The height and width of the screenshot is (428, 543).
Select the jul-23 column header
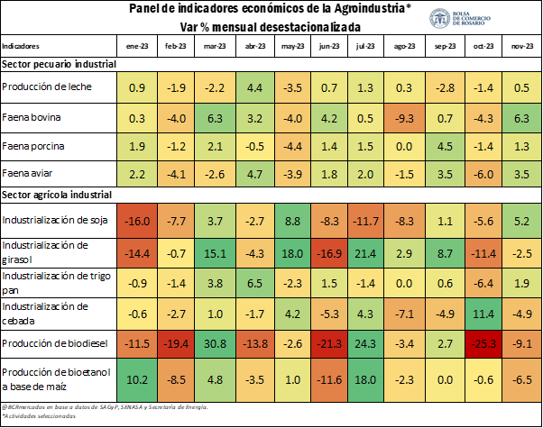(x=366, y=45)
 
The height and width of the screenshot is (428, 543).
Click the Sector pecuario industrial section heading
(x=58, y=64)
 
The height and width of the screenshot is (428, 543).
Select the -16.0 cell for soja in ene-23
(x=137, y=220)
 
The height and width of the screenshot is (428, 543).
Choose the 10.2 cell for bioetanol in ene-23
(x=137, y=378)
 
